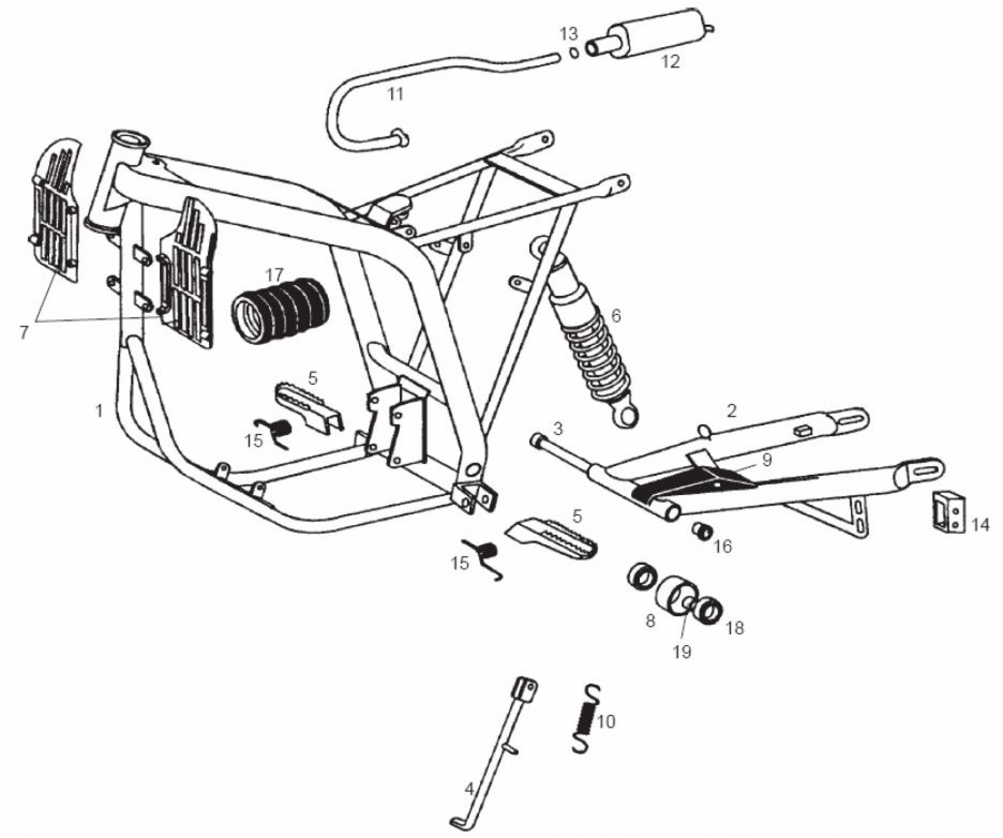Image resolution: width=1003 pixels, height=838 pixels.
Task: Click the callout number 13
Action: [569, 34]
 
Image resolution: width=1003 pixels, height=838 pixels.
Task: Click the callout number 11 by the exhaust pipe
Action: [395, 94]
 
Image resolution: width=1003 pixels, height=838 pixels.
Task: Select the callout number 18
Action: [735, 627]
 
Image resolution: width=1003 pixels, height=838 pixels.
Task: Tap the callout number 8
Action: [650, 621]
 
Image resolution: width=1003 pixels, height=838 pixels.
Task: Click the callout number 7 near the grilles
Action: [24, 331]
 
